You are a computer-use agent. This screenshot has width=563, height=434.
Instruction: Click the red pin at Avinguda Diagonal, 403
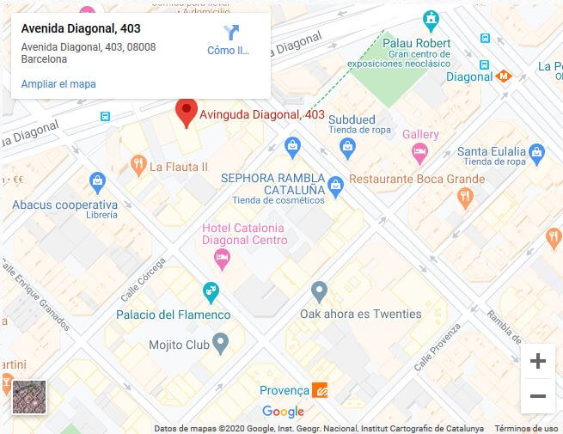[186, 112]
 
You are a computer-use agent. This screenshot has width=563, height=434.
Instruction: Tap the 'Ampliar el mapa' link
[58, 84]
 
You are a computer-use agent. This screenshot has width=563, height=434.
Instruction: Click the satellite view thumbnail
[28, 397]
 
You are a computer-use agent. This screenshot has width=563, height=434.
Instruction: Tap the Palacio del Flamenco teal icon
[210, 292]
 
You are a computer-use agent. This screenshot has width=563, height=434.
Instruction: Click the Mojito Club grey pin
[221, 345]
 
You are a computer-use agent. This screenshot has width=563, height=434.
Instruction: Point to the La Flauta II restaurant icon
[138, 165]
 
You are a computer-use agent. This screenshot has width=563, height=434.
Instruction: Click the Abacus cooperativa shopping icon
[97, 182]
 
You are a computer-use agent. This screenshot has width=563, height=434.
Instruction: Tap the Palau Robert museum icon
[431, 19]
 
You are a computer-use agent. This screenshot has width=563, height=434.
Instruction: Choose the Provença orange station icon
[319, 390]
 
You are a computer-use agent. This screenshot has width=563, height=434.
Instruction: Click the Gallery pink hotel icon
[419, 153]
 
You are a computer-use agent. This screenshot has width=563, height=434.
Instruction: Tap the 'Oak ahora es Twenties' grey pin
[319, 290]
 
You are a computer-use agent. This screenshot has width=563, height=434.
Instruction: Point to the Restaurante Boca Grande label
[417, 180]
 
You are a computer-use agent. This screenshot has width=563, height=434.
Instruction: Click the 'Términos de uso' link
[526, 428]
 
